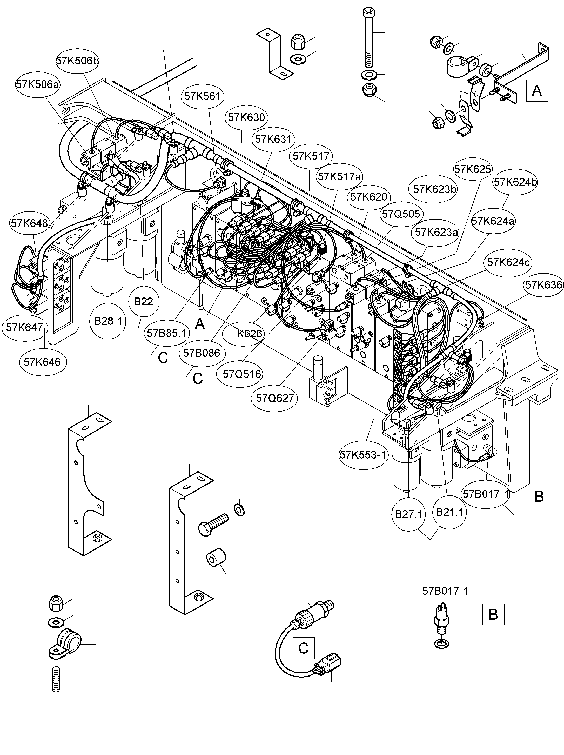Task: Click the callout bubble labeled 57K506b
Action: (x=77, y=61)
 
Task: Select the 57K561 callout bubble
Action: (x=202, y=96)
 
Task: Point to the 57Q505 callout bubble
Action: (x=401, y=214)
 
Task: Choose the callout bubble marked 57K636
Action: (x=543, y=285)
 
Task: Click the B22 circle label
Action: (x=143, y=302)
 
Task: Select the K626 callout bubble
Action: (x=250, y=334)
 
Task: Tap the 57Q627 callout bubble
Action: (x=275, y=398)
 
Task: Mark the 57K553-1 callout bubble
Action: (x=363, y=455)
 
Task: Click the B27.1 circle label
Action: (x=408, y=514)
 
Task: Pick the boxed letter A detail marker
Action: (x=537, y=91)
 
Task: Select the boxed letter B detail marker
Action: (x=493, y=614)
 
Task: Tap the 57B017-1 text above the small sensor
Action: (x=445, y=591)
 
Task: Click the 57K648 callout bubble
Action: (x=29, y=223)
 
